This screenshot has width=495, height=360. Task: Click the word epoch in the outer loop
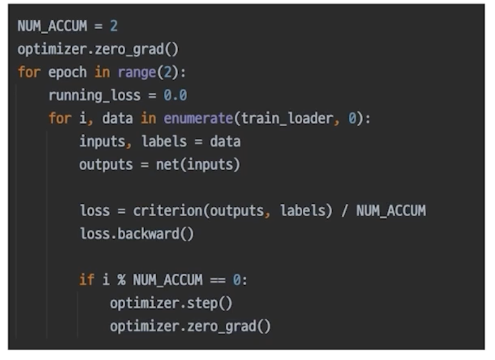[x=67, y=72]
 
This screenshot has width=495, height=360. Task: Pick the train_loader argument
[x=286, y=118]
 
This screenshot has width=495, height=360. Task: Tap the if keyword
[x=87, y=280]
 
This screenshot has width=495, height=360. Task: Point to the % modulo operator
[x=120, y=280]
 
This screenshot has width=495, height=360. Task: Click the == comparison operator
[x=217, y=280]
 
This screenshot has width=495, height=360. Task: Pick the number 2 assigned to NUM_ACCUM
[x=114, y=26]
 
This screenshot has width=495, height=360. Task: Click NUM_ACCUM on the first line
[x=52, y=26]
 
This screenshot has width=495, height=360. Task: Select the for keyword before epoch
[x=29, y=72]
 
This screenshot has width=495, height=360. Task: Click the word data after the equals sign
[x=225, y=142]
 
